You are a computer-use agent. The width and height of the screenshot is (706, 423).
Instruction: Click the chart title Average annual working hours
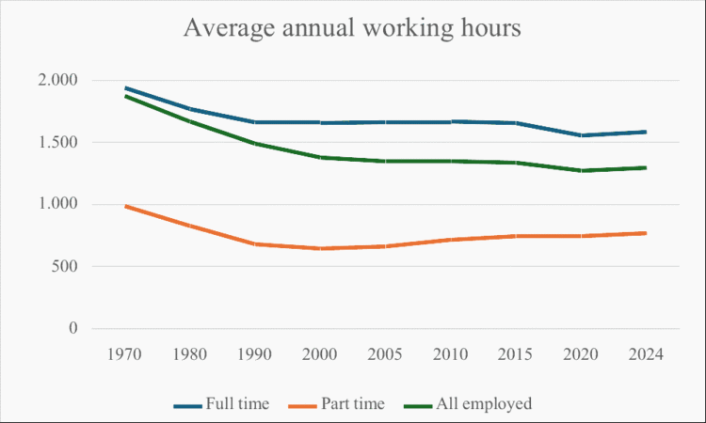[352, 28]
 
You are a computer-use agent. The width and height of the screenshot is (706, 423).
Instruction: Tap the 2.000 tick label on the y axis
[57, 80]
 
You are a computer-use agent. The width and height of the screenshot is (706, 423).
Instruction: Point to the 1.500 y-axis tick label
[57, 142]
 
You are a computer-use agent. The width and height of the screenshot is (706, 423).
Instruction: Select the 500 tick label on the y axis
[64, 266]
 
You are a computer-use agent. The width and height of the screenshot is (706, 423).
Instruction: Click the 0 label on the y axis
[72, 328]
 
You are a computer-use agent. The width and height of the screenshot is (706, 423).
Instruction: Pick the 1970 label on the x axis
[124, 354]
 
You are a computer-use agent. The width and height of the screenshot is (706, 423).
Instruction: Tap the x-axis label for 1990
[255, 354]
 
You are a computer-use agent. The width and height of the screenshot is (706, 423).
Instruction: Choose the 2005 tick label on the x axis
[385, 354]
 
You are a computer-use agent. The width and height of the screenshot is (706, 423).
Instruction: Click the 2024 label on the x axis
[646, 354]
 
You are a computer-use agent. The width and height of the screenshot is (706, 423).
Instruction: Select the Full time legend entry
[221, 403]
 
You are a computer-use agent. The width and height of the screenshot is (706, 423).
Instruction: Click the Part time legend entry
[337, 403]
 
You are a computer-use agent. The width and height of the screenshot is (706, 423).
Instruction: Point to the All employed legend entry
[468, 403]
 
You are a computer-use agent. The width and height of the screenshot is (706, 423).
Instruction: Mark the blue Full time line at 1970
[126, 88]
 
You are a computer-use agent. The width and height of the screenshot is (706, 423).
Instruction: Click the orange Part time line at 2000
[320, 248]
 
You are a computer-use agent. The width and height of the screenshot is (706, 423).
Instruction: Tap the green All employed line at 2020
[581, 170]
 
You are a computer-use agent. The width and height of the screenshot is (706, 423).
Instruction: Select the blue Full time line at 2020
[581, 135]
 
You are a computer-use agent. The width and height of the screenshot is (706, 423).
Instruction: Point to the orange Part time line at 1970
[126, 207]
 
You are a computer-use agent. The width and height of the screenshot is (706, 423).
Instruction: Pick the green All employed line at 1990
[255, 144]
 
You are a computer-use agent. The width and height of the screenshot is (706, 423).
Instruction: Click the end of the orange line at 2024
[646, 233]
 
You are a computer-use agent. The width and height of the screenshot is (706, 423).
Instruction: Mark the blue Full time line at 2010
[450, 122]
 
